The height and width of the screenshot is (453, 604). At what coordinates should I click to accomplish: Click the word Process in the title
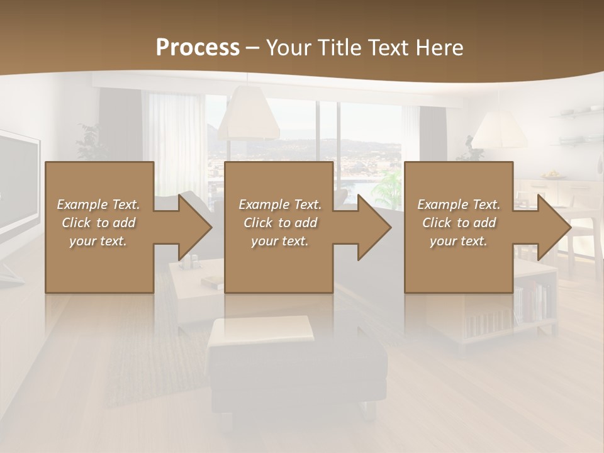198,48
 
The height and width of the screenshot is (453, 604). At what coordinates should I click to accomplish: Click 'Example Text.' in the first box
98,204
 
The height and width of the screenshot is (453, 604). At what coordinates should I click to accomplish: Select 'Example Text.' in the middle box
280,204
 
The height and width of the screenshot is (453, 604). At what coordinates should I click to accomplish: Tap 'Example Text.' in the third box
459,204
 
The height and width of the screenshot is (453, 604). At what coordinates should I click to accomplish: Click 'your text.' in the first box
98,241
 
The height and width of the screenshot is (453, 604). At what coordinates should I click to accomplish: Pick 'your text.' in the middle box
280,241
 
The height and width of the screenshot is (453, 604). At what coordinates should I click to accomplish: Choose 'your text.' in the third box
459,241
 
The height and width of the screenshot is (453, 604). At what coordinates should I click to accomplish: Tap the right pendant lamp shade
500,131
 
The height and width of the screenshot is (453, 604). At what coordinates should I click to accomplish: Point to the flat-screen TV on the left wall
18,189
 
